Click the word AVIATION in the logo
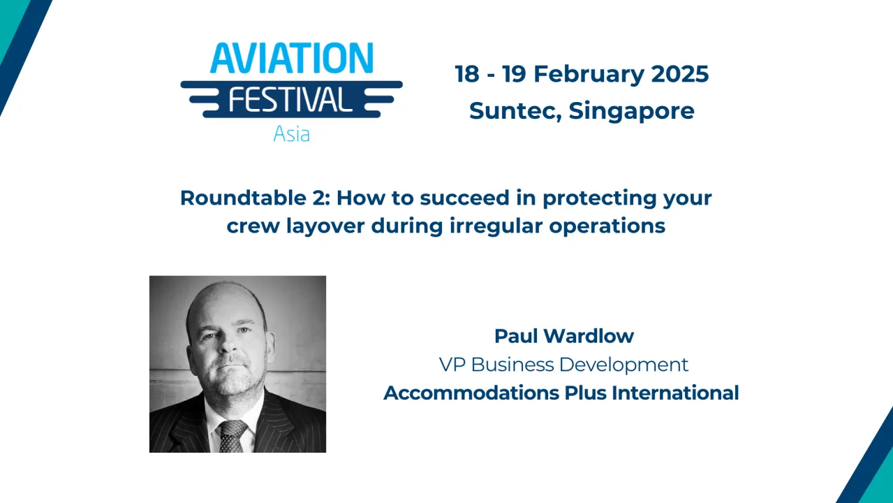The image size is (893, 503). [x=291, y=58]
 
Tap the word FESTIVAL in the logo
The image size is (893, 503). [x=290, y=99]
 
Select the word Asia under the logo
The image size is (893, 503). [x=291, y=133]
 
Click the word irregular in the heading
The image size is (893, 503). [x=501, y=226]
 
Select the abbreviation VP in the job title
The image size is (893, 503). [x=452, y=365]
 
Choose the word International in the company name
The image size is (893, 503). [x=675, y=393]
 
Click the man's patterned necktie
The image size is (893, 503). [x=233, y=436]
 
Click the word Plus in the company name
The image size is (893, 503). [x=585, y=393]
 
